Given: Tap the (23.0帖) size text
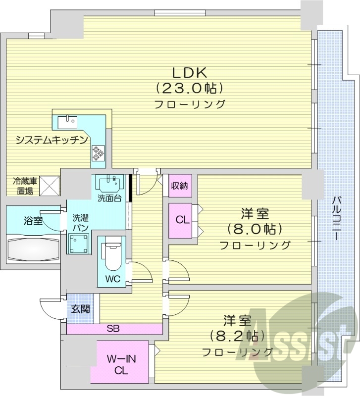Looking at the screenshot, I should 189,88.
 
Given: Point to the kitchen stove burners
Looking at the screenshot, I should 98,152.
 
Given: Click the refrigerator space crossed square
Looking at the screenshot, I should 49,186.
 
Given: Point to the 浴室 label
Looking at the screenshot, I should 33,221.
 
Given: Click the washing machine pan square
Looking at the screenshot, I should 79,243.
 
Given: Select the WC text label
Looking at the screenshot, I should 112,279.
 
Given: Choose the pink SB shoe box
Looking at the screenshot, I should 113,329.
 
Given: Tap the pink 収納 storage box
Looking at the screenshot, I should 179,186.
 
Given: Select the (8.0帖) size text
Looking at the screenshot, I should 255,230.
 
